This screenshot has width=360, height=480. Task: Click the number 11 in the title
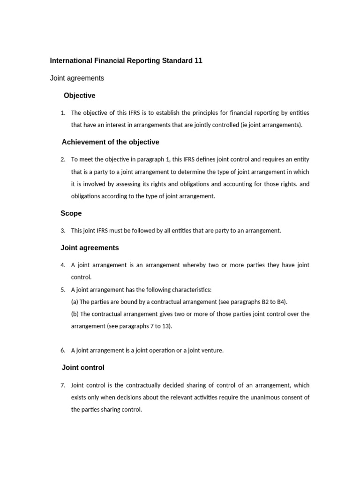pyautogui.click(x=198, y=60)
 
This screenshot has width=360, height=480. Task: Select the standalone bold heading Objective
pyautogui.click(x=79, y=96)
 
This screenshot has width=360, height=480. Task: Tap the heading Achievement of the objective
pyautogui.click(x=110, y=142)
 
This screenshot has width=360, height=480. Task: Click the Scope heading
pyautogui.click(x=71, y=213)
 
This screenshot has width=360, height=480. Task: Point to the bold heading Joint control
pyautogui.click(x=83, y=367)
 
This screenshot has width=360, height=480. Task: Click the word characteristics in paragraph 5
pyautogui.click(x=190, y=290)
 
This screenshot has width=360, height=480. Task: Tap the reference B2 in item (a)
pyautogui.click(x=254, y=302)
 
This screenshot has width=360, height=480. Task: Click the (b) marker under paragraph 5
pyautogui.click(x=75, y=314)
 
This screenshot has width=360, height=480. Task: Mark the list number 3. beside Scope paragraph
pyautogui.click(x=63, y=231)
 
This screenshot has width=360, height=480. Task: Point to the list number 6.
pyautogui.click(x=63, y=351)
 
